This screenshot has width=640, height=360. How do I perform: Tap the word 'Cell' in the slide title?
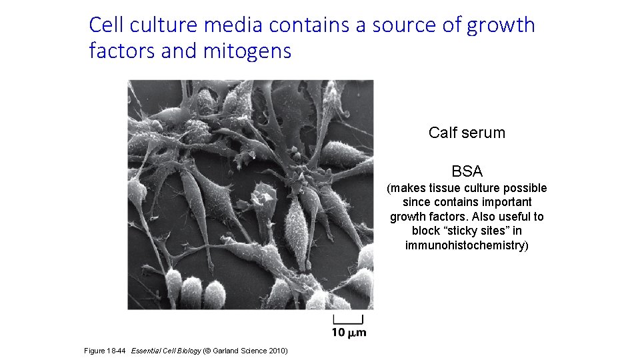tap(105, 25)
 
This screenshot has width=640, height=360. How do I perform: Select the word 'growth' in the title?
tap(501, 25)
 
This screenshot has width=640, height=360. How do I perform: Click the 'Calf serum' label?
tap(467, 133)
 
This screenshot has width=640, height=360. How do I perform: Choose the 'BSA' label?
tap(467, 171)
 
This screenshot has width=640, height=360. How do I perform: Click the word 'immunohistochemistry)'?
tap(467, 245)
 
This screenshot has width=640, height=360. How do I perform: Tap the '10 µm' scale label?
tap(348, 332)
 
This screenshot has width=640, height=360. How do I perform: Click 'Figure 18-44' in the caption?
tap(106, 351)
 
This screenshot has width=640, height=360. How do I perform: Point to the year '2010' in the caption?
tap(277, 351)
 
